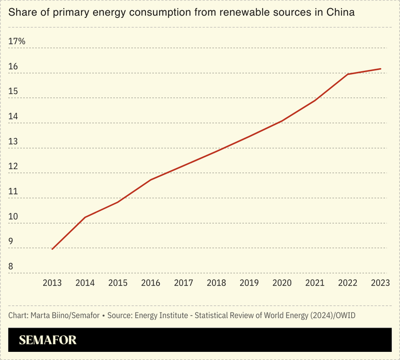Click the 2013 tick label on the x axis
pyautogui.click(x=52, y=283)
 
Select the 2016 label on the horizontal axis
pyautogui.click(x=151, y=283)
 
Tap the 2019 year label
pyautogui.click(x=249, y=283)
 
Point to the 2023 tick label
pyautogui.click(x=381, y=283)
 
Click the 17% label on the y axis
pyautogui.click(x=17, y=41)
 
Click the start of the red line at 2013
pyautogui.click(x=52, y=249)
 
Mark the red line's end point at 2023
pyautogui.click(x=381, y=69)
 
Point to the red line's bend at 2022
pyautogui.click(x=348, y=74)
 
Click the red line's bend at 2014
pyautogui.click(x=85, y=217)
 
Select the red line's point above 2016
pyautogui.click(x=151, y=179)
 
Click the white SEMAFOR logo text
pyautogui.click(x=48, y=340)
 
